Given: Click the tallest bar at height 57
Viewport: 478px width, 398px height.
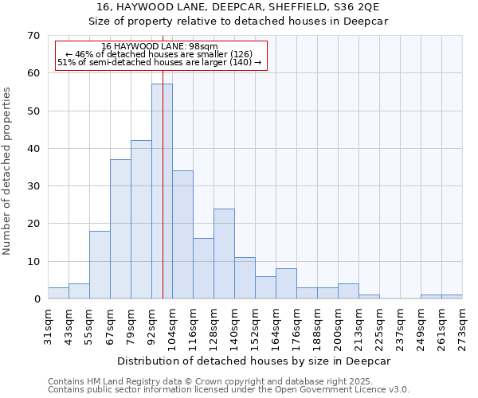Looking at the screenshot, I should pos(162,191).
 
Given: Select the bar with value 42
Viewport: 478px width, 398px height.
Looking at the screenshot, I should pos(141,220).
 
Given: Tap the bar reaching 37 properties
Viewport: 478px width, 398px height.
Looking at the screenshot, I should pos(120,229).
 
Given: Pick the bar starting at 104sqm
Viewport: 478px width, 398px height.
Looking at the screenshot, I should pos(182,235).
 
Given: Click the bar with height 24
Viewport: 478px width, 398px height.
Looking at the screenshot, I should pos(224,254).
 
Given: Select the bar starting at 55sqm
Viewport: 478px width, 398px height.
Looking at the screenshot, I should pos(100,265).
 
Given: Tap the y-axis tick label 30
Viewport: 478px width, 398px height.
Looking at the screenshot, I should pos(33,186).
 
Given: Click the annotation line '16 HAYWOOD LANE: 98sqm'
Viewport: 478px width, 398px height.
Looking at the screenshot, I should pos(159,47).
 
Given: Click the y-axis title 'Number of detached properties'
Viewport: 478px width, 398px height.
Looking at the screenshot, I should pos(7,171).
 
